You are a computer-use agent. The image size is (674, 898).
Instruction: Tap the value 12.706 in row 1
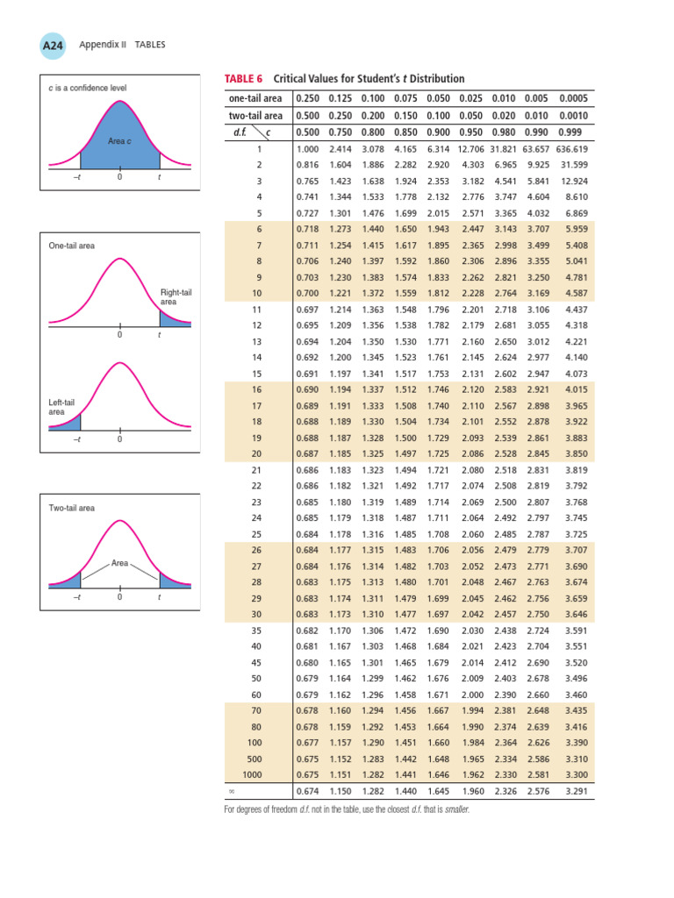pos(475,148)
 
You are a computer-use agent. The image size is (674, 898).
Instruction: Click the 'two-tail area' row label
pos(255,116)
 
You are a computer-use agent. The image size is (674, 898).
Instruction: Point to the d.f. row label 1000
pos(252,776)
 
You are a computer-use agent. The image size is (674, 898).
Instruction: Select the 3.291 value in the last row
pos(574,793)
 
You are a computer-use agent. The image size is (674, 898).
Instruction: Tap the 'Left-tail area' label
pos(61,406)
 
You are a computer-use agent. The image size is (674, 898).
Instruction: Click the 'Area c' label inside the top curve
pos(119,140)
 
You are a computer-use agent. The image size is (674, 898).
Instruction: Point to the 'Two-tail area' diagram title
pos(72,508)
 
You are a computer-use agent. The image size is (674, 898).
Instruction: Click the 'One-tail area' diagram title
pos(72,246)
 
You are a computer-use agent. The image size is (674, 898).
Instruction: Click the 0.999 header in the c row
pos(572,132)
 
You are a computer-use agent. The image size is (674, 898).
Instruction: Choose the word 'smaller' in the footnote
pos(455,809)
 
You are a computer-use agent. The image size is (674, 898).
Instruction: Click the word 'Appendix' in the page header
pos(98,45)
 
